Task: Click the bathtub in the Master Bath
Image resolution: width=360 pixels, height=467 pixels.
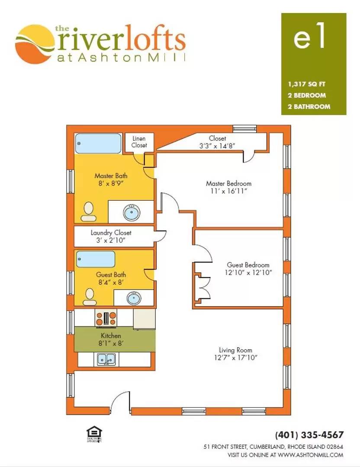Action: pyautogui.click(x=98, y=143)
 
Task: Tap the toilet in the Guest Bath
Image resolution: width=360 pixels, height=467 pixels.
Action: pyautogui.click(x=90, y=297)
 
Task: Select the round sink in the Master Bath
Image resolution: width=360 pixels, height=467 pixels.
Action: pyautogui.click(x=132, y=212)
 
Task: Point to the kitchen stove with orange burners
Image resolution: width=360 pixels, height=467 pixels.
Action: pyautogui.click(x=106, y=318)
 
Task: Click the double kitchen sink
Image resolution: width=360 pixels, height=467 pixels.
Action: pyautogui.click(x=106, y=359)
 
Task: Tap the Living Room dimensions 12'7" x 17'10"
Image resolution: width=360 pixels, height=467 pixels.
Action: pyautogui.click(x=235, y=358)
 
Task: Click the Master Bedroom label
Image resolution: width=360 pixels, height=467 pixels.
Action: pyautogui.click(x=228, y=183)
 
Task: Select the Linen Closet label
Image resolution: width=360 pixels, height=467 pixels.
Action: pyautogui.click(x=139, y=142)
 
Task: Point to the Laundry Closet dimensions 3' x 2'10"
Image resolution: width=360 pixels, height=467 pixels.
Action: pyautogui.click(x=111, y=240)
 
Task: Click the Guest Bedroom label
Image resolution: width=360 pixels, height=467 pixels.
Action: pyautogui.click(x=248, y=265)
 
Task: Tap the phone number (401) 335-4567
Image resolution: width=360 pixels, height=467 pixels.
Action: pyautogui.click(x=309, y=435)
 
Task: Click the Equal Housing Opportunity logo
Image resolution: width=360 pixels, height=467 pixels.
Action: pyautogui.click(x=94, y=434)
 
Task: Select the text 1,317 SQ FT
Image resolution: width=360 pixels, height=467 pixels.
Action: pyautogui.click(x=307, y=84)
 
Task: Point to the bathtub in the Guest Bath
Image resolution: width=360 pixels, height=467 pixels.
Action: pyautogui.click(x=96, y=259)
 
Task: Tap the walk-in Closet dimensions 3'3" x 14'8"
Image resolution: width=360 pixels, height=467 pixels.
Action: pyautogui.click(x=217, y=146)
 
